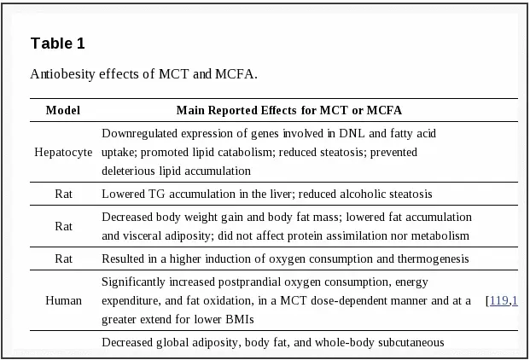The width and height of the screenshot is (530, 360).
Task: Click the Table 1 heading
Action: coord(57,44)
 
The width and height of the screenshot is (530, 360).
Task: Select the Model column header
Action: coord(63,111)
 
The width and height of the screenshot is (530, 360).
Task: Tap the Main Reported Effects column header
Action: coord(288,111)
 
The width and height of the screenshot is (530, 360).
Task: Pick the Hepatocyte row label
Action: coord(63,153)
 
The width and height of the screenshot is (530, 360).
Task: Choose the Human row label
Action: coord(63,300)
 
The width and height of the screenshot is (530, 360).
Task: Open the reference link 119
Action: coord(499,300)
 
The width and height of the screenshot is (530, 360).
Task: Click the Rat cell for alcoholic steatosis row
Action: coord(63,195)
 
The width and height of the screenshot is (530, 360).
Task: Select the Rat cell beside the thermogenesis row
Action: coord(63,258)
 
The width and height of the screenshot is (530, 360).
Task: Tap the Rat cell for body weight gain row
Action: coord(63,226)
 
